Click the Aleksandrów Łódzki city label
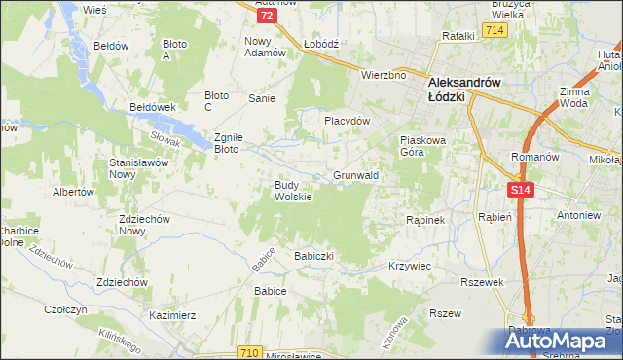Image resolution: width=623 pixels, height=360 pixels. coord(464,83)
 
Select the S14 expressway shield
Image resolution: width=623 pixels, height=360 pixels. coord(520,191)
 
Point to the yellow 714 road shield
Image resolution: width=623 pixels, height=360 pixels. coord(495,31)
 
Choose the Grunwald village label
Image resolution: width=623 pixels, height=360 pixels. coord(355,175)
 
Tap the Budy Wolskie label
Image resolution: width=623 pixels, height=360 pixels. coord(292,191)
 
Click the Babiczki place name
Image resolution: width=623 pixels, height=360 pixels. coord(313,256)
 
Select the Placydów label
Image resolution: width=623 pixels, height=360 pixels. coord(348,122)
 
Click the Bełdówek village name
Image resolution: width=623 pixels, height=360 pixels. coord(151,107)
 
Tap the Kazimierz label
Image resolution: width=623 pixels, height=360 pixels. coord(173,315)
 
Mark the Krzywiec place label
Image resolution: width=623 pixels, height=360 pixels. coord(409,265)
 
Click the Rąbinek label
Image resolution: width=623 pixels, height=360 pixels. coord(425,220)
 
